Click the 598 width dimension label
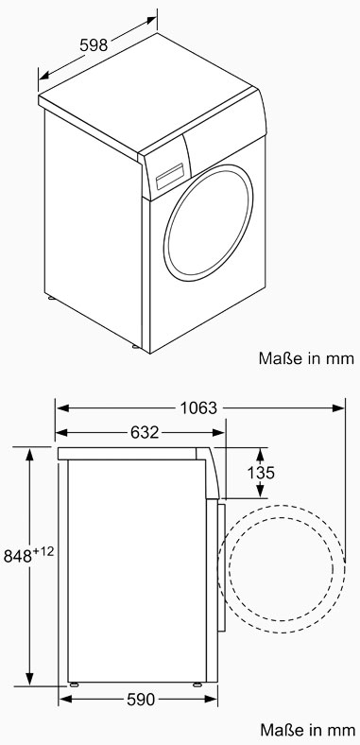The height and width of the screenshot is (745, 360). click(94, 45)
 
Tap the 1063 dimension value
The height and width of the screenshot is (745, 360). click(199, 407)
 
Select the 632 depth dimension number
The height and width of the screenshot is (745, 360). click(144, 432)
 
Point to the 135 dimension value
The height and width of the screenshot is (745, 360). click(261, 473)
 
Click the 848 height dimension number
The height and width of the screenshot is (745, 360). click(18, 556)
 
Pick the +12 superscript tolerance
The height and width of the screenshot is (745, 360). click(43, 551)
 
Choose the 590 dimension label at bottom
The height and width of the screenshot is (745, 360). click(141, 700)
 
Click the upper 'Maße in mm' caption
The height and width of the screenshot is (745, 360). click(306, 358)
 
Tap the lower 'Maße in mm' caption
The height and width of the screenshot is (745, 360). click(307, 729)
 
